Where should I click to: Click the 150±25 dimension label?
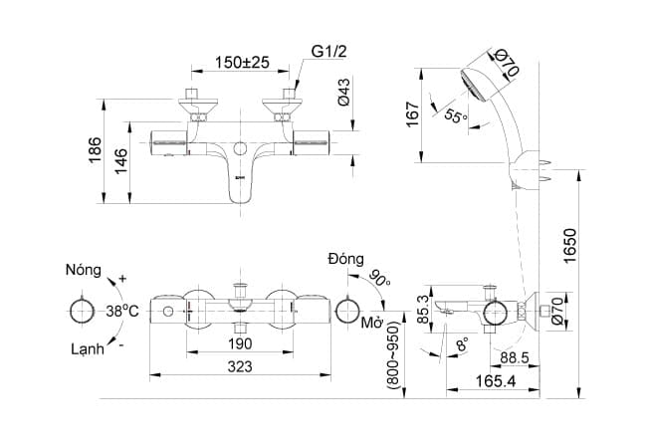243,63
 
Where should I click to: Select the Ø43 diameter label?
343,93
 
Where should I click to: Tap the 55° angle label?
455,116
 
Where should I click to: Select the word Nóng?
86,270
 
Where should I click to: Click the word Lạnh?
88,348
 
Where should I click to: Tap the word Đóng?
345,259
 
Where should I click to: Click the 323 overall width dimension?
240,366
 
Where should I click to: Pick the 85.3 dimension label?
423,311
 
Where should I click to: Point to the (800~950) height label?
394,354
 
